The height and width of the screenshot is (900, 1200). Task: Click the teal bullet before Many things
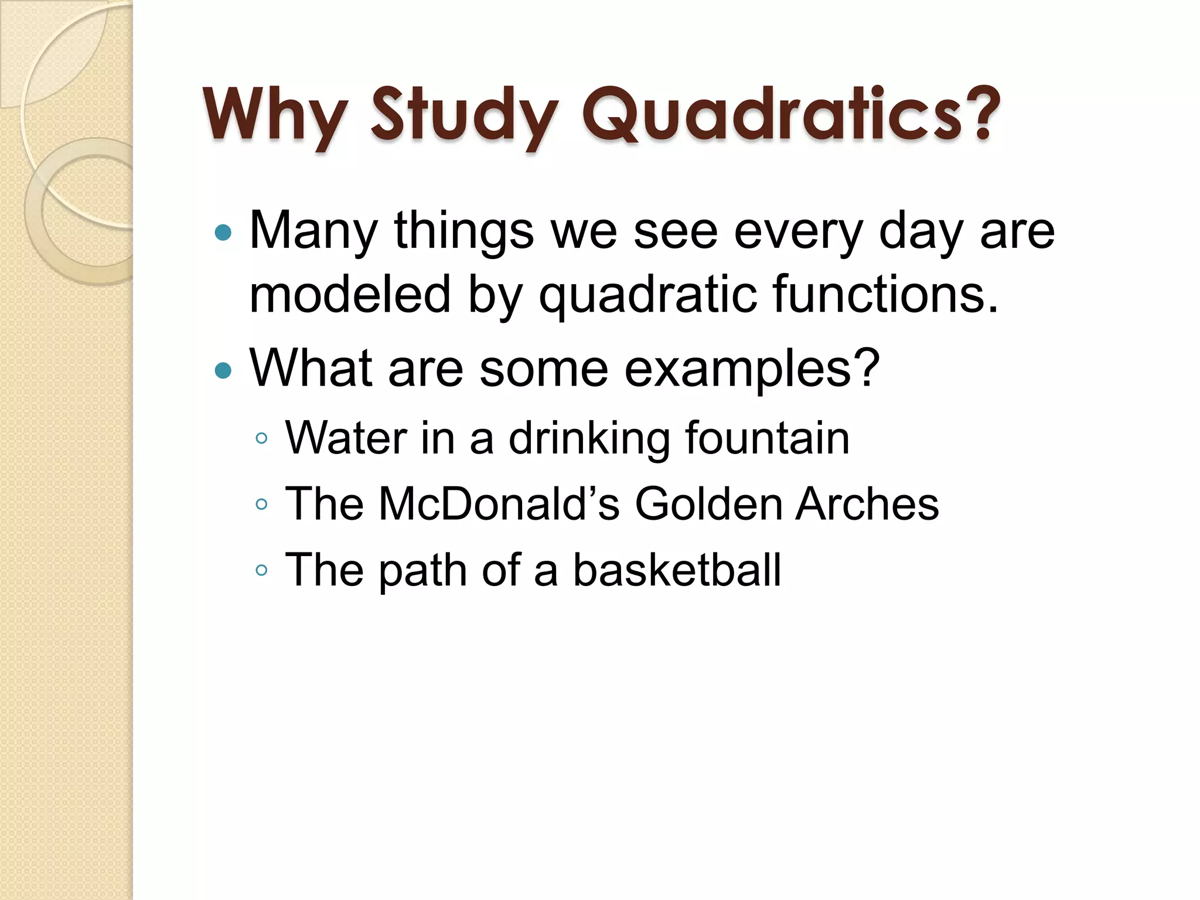tap(223, 233)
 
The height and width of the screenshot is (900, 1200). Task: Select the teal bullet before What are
tap(223, 370)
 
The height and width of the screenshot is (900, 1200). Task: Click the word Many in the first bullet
tap(313, 231)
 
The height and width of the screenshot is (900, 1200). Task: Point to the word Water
tap(346, 438)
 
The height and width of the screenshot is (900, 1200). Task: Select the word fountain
tap(768, 438)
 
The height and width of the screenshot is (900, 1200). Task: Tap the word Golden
tap(708, 503)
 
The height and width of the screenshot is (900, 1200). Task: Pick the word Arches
tap(867, 503)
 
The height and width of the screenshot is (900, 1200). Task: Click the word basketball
tap(677, 569)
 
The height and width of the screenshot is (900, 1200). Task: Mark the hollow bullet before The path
tap(262, 570)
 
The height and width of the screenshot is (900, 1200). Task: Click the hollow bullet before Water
tap(262, 438)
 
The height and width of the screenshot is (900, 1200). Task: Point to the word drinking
tap(589, 439)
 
